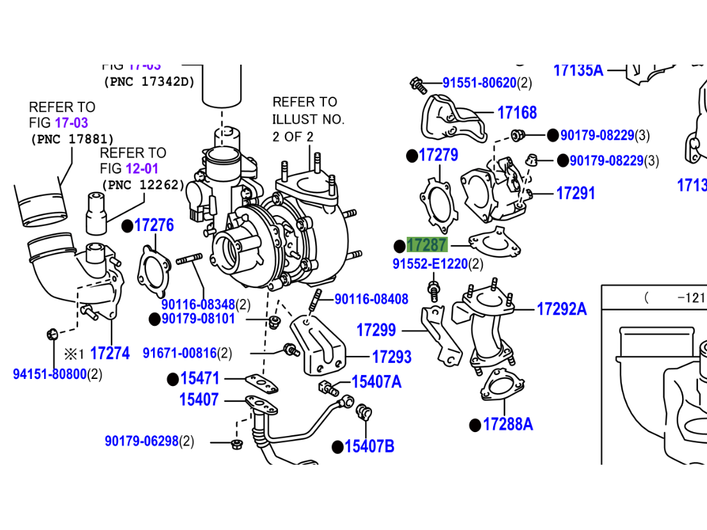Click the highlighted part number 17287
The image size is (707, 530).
click(x=427, y=245)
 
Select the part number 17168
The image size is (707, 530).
click(x=517, y=113)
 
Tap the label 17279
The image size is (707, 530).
click(x=438, y=156)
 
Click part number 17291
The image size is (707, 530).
click(x=575, y=193)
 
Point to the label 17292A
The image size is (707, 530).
click(x=561, y=309)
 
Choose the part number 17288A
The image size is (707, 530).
click(x=507, y=424)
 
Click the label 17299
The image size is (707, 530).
click(x=376, y=330)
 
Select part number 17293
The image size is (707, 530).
click(x=391, y=357)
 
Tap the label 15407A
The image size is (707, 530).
click(x=376, y=382)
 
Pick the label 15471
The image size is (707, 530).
click(x=200, y=379)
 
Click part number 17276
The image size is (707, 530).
click(x=154, y=225)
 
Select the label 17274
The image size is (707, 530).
click(x=110, y=353)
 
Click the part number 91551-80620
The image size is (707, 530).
click(x=479, y=83)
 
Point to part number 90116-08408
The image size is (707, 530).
click(x=371, y=299)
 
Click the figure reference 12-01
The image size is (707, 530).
click(x=145, y=169)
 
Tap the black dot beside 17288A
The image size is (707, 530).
click(x=475, y=425)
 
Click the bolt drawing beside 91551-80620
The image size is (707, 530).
click(x=418, y=83)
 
